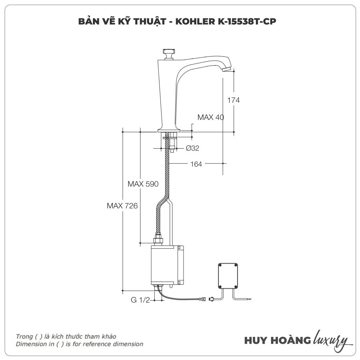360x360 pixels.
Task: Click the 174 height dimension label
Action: (233, 100)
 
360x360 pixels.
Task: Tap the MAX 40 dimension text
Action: (211, 117)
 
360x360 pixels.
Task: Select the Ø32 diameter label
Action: (193, 148)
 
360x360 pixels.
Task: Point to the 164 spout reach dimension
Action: (196, 164)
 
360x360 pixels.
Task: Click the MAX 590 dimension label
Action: (143, 184)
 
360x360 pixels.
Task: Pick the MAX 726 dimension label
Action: (122, 206)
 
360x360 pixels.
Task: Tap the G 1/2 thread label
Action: (140, 300)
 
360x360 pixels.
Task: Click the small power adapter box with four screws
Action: (228, 276)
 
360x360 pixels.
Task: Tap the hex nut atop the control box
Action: (158, 240)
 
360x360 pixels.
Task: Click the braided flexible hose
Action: (167, 173)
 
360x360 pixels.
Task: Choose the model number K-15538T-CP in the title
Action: (248, 22)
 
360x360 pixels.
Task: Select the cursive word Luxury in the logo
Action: (331, 340)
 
